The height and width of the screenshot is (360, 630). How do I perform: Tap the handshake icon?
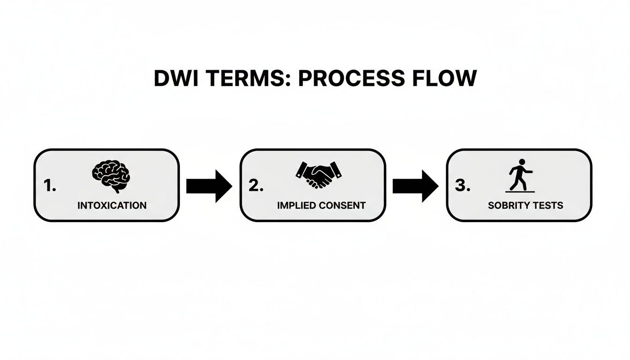click(x=318, y=174)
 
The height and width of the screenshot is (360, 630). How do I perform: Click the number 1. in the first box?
click(x=50, y=186)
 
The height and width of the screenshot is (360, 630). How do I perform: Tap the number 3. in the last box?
click(x=463, y=186)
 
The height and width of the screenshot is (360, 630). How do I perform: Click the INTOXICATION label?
click(x=112, y=205)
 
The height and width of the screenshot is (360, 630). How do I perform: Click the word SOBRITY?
click(x=507, y=205)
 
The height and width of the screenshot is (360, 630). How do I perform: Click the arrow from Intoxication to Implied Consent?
click(x=209, y=186)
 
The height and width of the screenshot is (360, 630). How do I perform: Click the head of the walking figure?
click(x=521, y=163)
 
